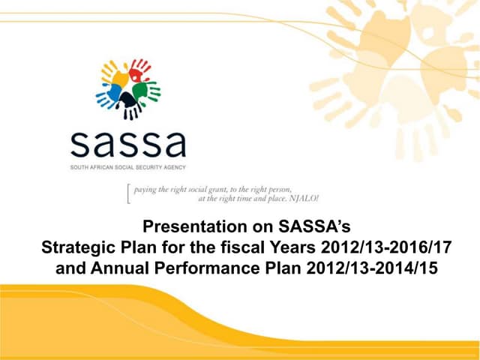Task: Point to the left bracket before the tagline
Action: [129, 194]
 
